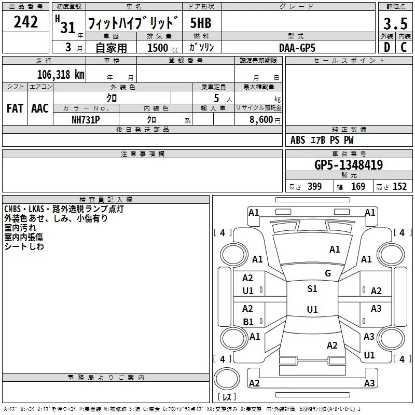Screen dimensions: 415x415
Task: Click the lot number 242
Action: pyautogui.click(x=25, y=22)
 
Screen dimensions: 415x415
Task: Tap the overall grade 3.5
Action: pyautogui.click(x=395, y=24)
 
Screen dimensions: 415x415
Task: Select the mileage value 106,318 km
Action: pyautogui.click(x=61, y=75)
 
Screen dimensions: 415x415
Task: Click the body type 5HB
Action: pyautogui.click(x=201, y=23)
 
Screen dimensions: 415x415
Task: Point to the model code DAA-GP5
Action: pyautogui.click(x=297, y=48)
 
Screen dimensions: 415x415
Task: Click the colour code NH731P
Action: pyautogui.click(x=86, y=120)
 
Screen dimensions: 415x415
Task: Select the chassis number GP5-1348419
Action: pyautogui.click(x=349, y=165)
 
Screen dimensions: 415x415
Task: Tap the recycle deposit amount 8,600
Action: pyautogui.click(x=261, y=120)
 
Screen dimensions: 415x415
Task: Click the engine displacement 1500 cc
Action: pyautogui.click(x=163, y=48)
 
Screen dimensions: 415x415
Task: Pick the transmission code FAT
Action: pyautogui.click(x=15, y=108)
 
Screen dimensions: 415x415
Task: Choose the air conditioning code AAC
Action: pyautogui.click(x=40, y=108)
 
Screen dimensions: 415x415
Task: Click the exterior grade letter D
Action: pyautogui.click(x=387, y=47)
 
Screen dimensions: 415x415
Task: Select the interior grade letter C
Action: pyautogui.click(x=404, y=47)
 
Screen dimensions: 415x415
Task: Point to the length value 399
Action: pyautogui.click(x=315, y=187)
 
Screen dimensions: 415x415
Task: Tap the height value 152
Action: pyautogui.click(x=399, y=187)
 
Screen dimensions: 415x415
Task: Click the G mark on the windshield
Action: pyautogui.click(x=328, y=273)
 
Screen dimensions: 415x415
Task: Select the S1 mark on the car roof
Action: pyautogui.click(x=312, y=289)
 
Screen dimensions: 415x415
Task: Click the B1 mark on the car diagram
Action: pyautogui.click(x=248, y=322)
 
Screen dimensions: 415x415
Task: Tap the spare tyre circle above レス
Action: pyautogui.click(x=227, y=379)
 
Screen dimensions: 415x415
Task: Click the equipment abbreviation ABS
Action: pyautogui.click(x=298, y=140)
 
